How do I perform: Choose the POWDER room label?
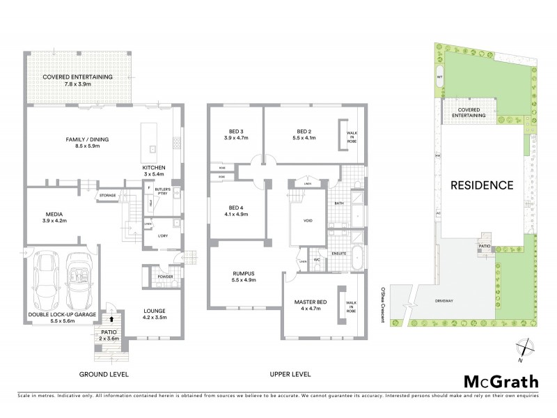pos(166,277)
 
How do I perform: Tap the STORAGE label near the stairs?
pos(107,196)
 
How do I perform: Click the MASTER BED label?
pos(307,300)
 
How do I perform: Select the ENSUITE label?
pos(339,254)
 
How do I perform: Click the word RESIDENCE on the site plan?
pos(482,185)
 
